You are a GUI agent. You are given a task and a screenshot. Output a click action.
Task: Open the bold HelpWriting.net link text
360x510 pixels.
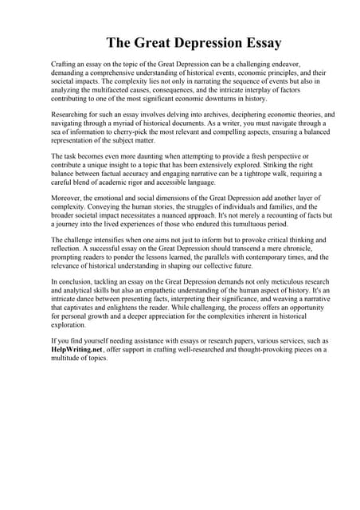[78, 350]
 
